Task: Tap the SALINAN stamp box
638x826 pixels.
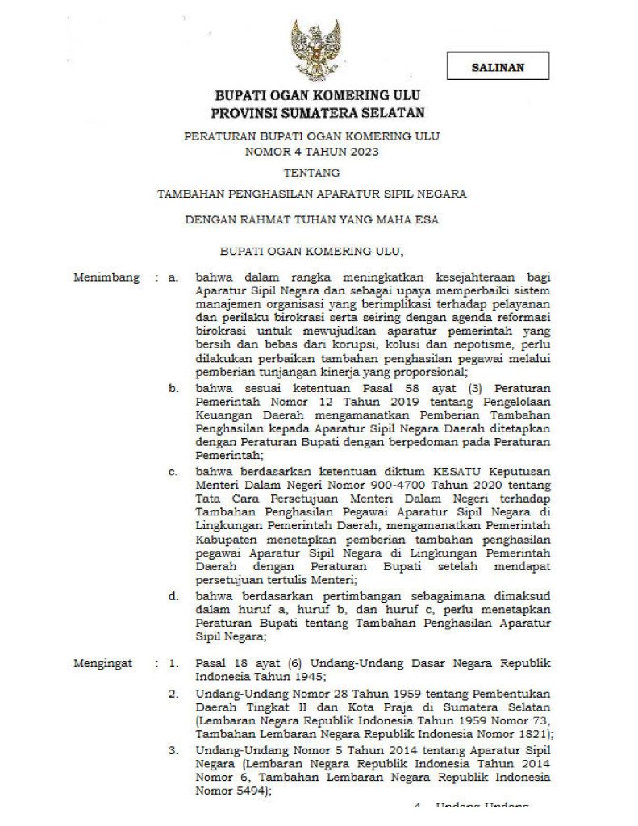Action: (498, 66)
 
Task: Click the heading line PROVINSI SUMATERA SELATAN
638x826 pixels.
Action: (318, 113)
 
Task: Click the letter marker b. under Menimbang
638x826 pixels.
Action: (173, 389)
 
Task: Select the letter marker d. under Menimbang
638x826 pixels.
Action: (173, 595)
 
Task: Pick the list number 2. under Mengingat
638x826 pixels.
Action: (173, 693)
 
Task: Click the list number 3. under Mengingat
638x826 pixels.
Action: (173, 749)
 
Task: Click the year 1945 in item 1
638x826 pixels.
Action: (309, 677)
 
